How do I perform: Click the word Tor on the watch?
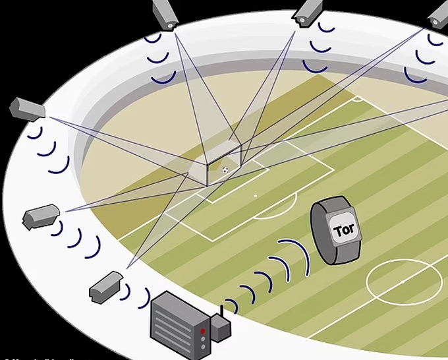pos(344,230)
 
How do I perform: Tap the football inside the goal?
pos(225,169)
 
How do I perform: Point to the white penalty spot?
pos(256,196)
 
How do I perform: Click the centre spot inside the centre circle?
pos(403,282)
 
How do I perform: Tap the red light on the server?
pos(203,330)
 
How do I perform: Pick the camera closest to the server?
pos(105,286)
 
